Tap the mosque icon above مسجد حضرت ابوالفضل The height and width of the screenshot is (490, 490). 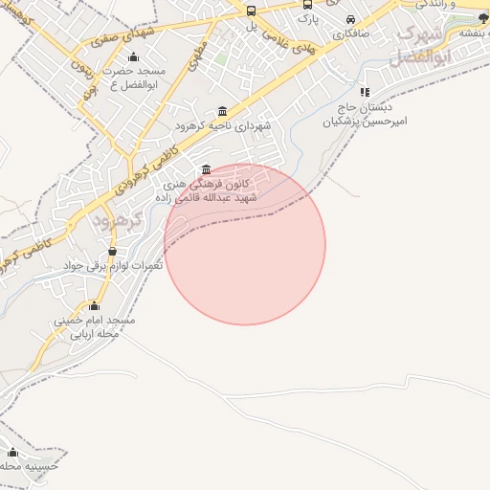[132, 56]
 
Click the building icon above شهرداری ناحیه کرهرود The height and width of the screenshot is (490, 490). [223, 111]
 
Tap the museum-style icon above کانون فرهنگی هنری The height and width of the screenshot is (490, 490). [207, 170]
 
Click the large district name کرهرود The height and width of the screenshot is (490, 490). [118, 221]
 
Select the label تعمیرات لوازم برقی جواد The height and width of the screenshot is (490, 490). [113, 264]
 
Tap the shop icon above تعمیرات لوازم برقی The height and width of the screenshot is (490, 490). [113, 252]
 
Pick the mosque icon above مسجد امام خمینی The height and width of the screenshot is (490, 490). [93, 306]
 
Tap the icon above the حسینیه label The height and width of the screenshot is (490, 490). [12, 453]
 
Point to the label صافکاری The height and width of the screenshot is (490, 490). [350, 33]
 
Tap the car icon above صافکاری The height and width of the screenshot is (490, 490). [350, 19]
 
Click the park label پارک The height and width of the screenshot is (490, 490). [306, 17]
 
